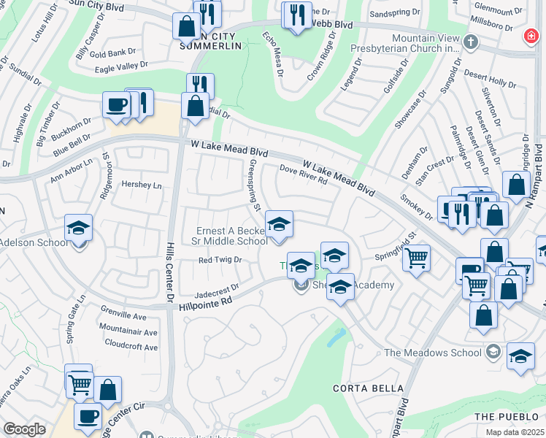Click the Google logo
(24, 429)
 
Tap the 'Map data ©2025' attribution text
(515, 432)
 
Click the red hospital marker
(531, 36)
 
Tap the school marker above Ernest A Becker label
(278, 224)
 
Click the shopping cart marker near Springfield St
(416, 258)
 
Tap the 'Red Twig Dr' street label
(220, 259)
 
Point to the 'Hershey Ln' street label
(142, 185)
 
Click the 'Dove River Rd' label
(303, 174)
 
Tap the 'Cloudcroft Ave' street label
(131, 347)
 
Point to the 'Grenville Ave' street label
(126, 316)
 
